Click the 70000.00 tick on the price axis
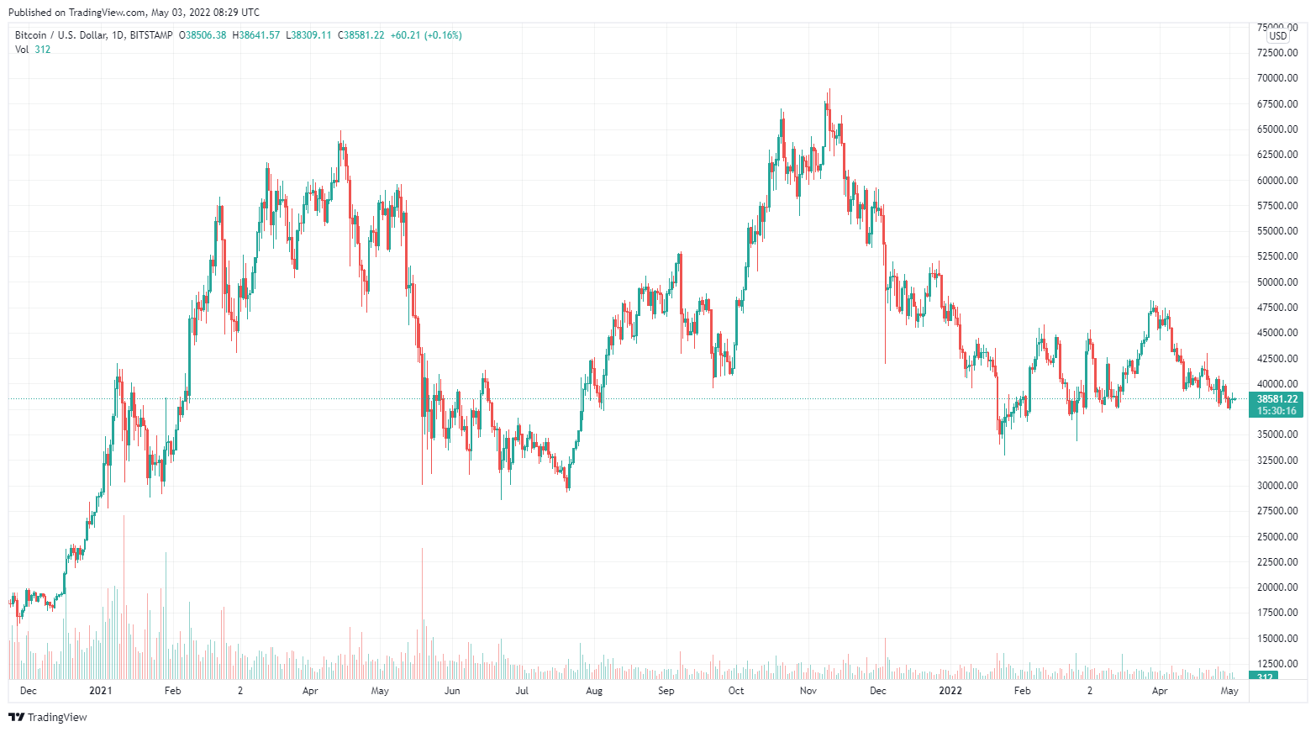pyautogui.click(x=1277, y=78)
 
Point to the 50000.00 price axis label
pyautogui.click(x=1277, y=282)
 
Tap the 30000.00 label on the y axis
pyautogui.click(x=1277, y=486)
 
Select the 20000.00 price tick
pyautogui.click(x=1277, y=587)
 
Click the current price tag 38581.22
pyautogui.click(x=1277, y=399)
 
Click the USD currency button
pyautogui.click(x=1278, y=36)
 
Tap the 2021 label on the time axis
pyautogui.click(x=100, y=691)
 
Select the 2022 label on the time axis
pyautogui.click(x=950, y=691)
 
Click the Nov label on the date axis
pyautogui.click(x=808, y=691)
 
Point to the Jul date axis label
pyautogui.click(x=522, y=691)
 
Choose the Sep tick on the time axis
pyautogui.click(x=666, y=691)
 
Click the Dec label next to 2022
pyautogui.click(x=877, y=691)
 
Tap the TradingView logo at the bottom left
pyautogui.click(x=48, y=717)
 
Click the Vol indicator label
pyautogui.click(x=22, y=50)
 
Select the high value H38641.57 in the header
pyautogui.click(x=256, y=35)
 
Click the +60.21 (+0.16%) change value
pyautogui.click(x=426, y=35)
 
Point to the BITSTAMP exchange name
pyautogui.click(x=151, y=35)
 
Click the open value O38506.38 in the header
pyautogui.click(x=203, y=35)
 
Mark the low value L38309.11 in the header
pyautogui.click(x=309, y=35)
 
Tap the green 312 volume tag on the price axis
pyautogui.click(x=1264, y=677)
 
